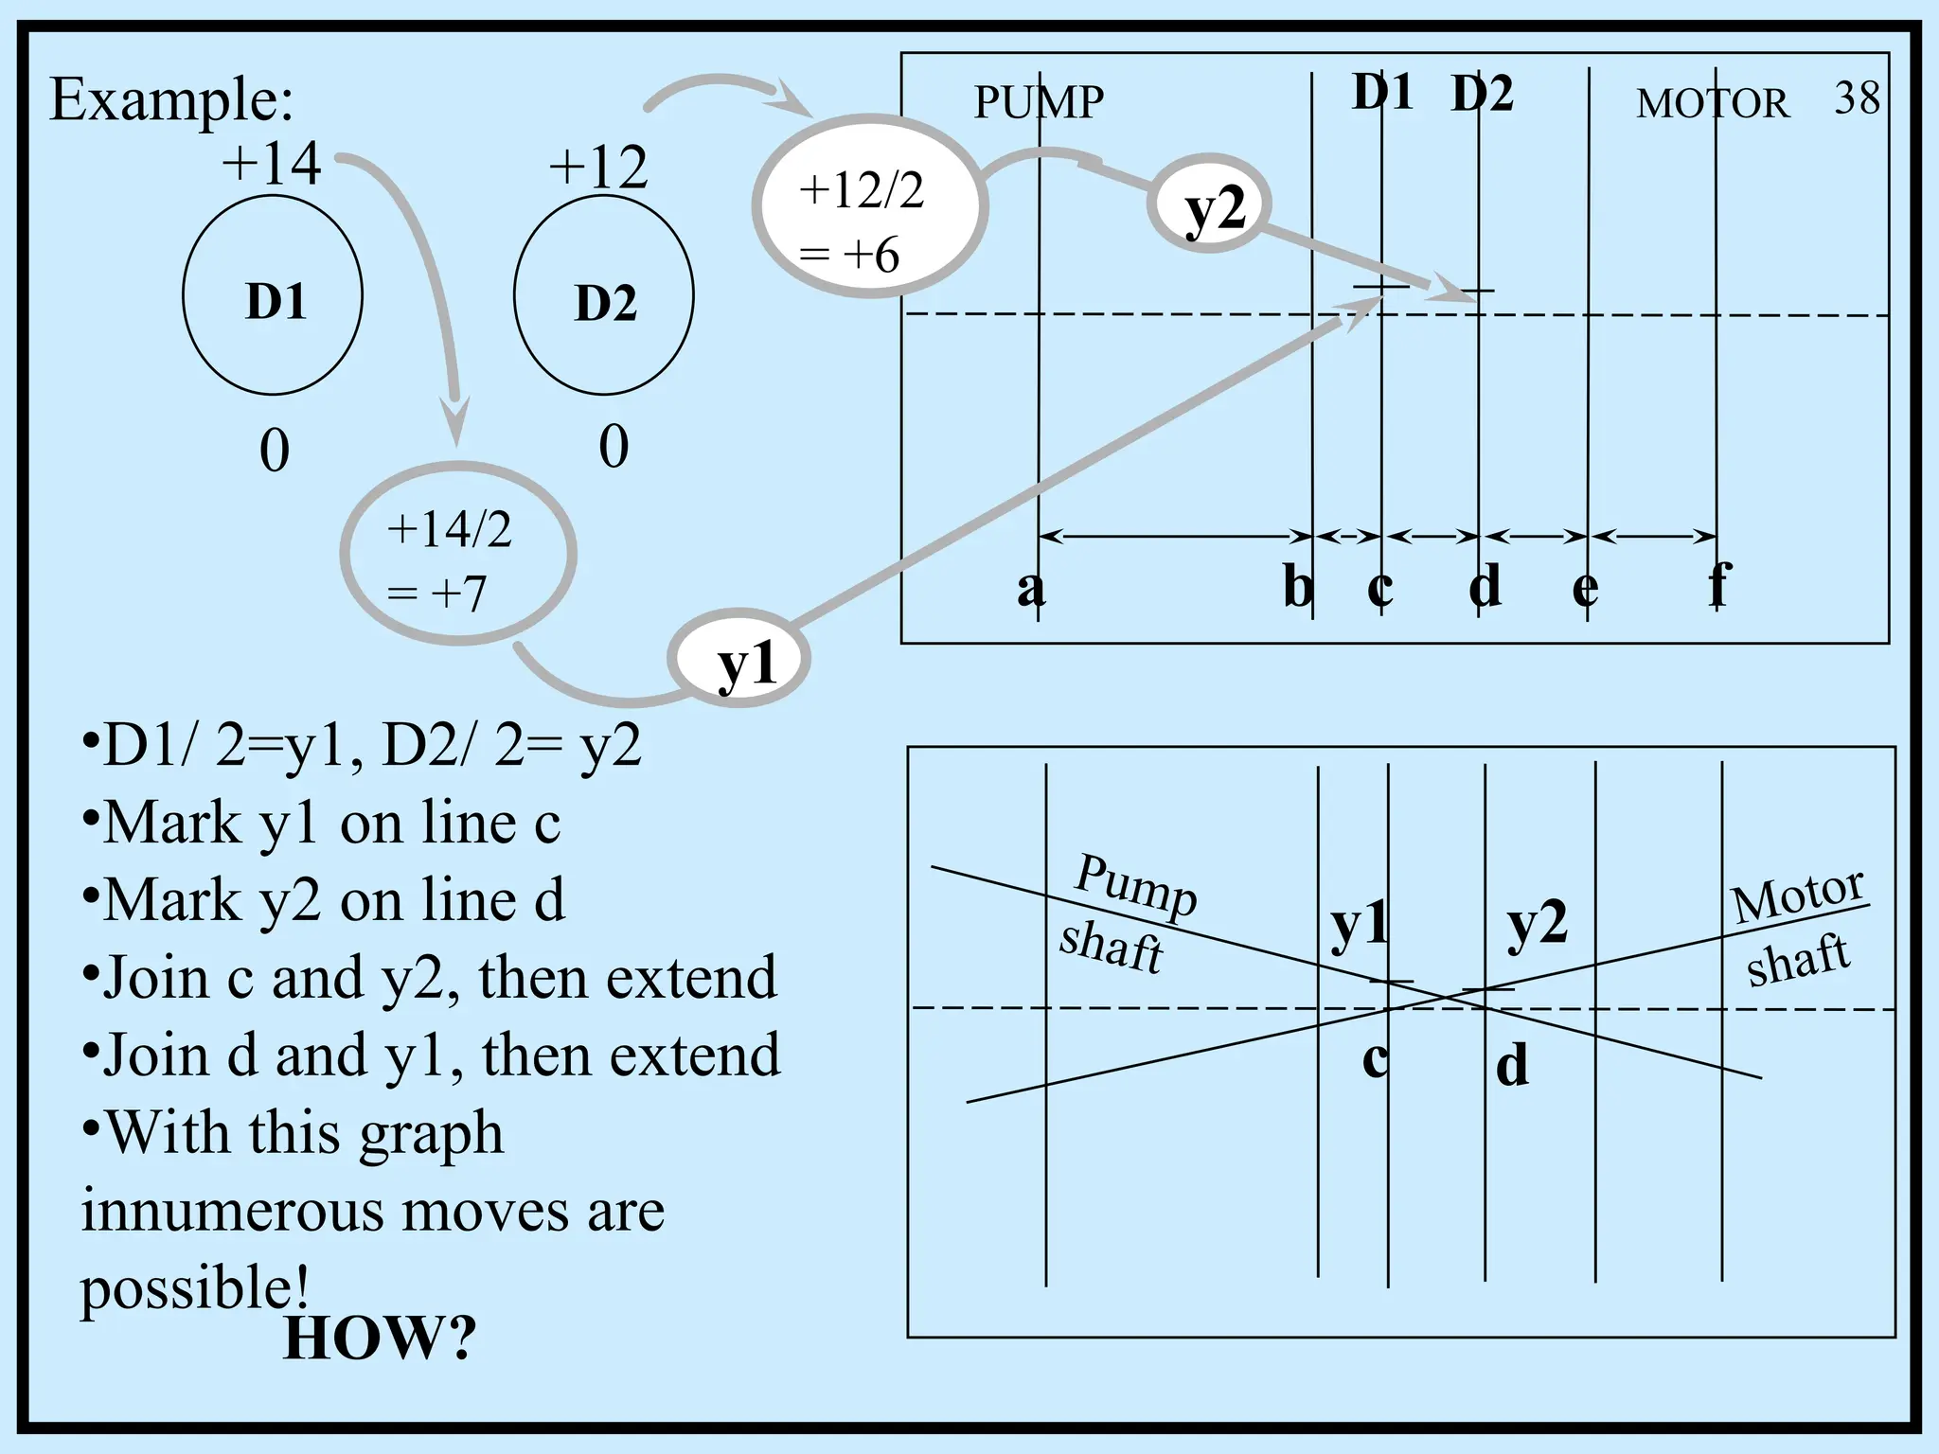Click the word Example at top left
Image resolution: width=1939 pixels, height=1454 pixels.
pyautogui.click(x=170, y=99)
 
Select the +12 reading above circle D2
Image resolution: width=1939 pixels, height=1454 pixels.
pyautogui.click(x=598, y=168)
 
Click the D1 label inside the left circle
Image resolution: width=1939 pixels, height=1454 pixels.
pyautogui.click(x=276, y=302)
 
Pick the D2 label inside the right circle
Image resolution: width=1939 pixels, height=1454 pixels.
pyautogui.click(x=606, y=304)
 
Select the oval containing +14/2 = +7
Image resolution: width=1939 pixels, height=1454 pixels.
pyautogui.click(x=457, y=554)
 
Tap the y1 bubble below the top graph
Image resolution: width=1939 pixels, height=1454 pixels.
pyautogui.click(x=739, y=662)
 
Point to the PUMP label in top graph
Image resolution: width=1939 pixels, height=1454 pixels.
pyautogui.click(x=1039, y=102)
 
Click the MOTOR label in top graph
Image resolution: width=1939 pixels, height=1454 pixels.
pyautogui.click(x=1712, y=103)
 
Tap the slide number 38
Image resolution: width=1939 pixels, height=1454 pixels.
pyautogui.click(x=1856, y=98)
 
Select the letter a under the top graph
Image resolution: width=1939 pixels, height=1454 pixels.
pyautogui.click(x=1030, y=588)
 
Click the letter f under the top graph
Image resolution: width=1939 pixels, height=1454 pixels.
pyautogui.click(x=1719, y=585)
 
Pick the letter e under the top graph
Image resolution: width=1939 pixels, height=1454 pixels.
pyautogui.click(x=1585, y=588)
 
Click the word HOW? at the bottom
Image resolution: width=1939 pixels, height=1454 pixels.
pyautogui.click(x=379, y=1338)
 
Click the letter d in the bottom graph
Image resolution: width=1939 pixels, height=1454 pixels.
pyautogui.click(x=1512, y=1064)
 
